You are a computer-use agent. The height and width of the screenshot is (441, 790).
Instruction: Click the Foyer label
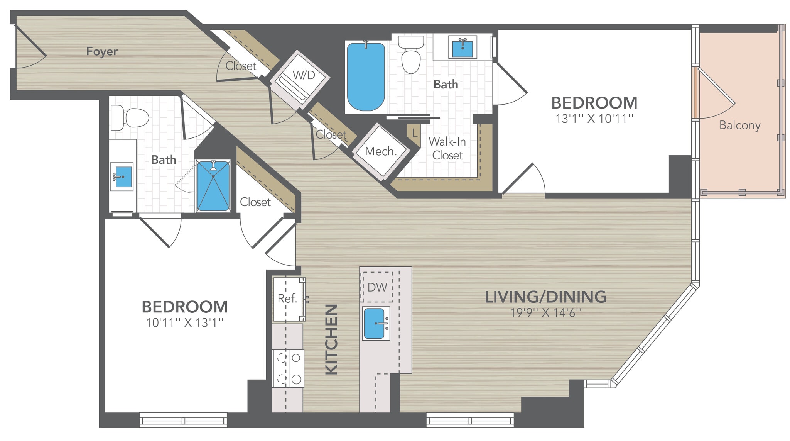click(102, 51)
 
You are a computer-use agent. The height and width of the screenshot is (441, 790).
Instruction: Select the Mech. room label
click(380, 151)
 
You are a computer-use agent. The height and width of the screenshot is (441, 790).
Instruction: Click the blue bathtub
click(365, 76)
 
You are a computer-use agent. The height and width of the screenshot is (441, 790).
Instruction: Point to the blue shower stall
click(213, 186)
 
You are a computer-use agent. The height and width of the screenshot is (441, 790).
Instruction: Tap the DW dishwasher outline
click(377, 287)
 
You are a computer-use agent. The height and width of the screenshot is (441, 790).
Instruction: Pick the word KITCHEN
click(331, 339)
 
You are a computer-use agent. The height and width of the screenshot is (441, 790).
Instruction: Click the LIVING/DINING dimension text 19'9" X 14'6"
click(545, 312)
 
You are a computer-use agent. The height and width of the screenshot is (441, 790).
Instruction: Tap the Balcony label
click(739, 125)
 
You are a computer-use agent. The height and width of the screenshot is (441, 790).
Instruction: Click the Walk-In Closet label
click(447, 148)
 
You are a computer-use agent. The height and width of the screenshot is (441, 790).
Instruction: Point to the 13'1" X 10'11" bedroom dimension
click(594, 119)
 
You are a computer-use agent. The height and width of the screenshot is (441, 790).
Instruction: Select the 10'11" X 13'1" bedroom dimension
click(184, 322)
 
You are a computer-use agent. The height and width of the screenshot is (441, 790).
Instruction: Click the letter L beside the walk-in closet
click(414, 134)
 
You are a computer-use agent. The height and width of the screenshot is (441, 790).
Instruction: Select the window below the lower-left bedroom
click(183, 420)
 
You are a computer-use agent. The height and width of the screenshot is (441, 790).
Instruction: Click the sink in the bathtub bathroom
click(463, 48)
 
